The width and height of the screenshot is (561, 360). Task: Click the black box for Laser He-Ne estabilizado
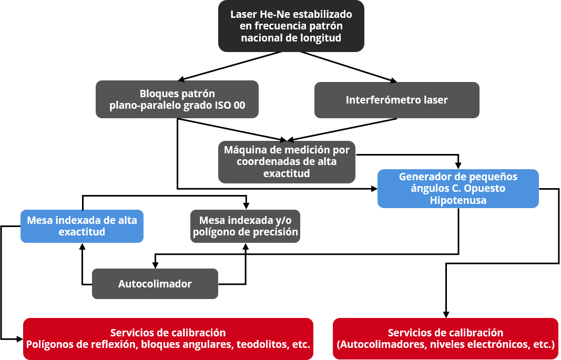coord(291,26)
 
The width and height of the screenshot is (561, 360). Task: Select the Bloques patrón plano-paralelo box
coord(177,99)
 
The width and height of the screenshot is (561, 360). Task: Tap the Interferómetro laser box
coord(397,100)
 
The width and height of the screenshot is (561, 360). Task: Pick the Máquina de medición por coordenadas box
coord(287,162)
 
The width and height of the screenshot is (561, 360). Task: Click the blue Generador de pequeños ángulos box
coord(458,188)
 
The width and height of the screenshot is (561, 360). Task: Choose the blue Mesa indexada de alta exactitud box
coord(82,226)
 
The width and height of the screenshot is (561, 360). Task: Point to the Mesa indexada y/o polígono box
coord(245,226)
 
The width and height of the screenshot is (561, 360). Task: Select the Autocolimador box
coord(155,284)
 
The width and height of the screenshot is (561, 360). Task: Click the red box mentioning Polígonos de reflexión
coord(168,338)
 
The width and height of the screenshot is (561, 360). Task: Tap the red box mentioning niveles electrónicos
coord(445,338)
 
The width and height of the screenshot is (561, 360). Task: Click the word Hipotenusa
coord(458,200)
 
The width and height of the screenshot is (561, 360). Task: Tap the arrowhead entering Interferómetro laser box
coord(394,81)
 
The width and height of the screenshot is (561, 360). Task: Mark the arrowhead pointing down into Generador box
coord(458,166)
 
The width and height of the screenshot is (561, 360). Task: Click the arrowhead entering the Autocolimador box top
coord(155,265)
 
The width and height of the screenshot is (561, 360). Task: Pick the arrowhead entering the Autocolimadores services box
coord(446,315)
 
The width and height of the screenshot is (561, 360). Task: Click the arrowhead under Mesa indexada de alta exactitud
coord(83,246)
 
